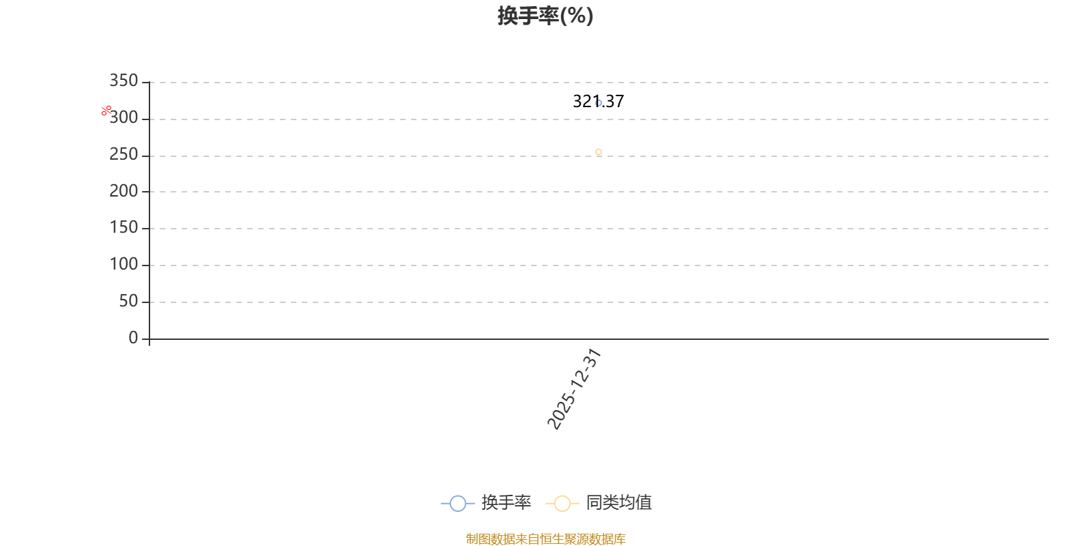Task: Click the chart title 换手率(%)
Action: coord(545,16)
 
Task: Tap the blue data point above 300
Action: coord(599,103)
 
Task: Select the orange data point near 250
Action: coord(599,152)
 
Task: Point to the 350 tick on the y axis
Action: coord(124,81)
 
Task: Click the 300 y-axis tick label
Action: coord(124,118)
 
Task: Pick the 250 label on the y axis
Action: coord(124,155)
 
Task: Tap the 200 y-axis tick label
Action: coord(124,192)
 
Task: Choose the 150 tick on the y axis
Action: coord(124,228)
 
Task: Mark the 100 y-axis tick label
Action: coord(124,265)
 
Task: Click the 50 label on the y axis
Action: coord(128,301)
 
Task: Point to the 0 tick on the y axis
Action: coord(133,338)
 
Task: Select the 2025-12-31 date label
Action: coord(574,389)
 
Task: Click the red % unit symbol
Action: coord(106,111)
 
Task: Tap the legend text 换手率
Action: coord(506,503)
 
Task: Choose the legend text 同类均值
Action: coord(618,503)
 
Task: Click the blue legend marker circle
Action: coord(458,504)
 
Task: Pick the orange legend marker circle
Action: coord(562,504)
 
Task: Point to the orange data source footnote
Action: coord(545,539)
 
